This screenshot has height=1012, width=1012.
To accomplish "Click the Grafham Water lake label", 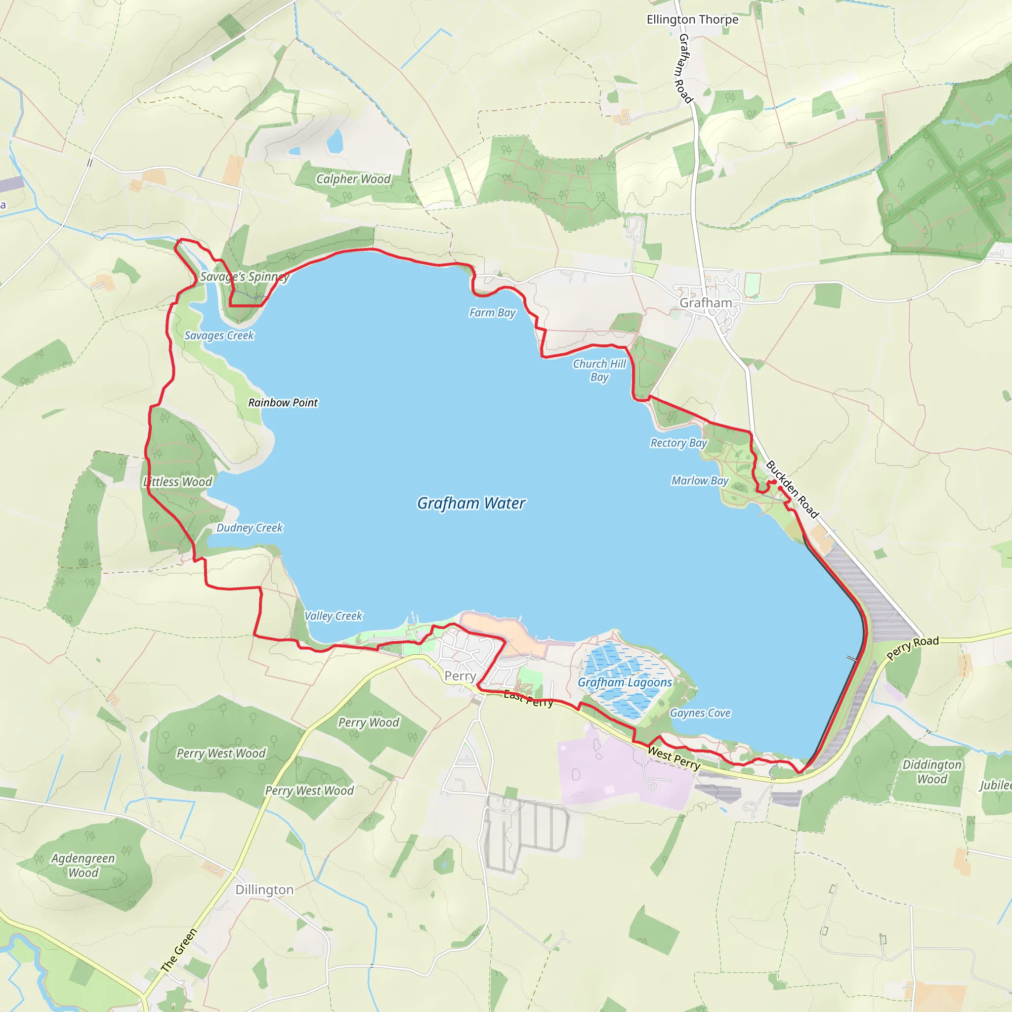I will [471, 503].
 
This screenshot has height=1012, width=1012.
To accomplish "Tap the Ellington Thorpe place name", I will [692, 19].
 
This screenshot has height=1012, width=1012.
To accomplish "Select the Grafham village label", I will [706, 303].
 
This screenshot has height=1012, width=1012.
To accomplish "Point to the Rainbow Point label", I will [283, 402].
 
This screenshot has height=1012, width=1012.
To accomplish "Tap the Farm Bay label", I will [492, 313].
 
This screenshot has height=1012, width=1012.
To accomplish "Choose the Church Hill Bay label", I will [599, 370].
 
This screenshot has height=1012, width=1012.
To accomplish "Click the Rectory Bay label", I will [678, 443].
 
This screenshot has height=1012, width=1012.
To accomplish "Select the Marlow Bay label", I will [700, 480].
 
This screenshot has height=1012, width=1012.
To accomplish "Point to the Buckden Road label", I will [792, 489].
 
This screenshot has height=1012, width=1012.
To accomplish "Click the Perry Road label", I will [913, 648].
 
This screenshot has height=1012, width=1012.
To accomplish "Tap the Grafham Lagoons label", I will [625, 682].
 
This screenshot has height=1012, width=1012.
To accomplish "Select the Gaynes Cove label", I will [700, 713].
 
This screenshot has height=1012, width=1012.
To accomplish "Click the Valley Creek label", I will [333, 616].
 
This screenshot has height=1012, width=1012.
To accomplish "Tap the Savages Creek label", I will [219, 335].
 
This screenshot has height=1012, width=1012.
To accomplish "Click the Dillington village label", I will [264, 889].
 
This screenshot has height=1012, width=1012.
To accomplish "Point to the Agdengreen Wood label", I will [83, 865].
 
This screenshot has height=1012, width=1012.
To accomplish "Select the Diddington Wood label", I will [931, 771].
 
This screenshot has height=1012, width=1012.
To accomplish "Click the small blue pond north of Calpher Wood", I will [334, 141].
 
